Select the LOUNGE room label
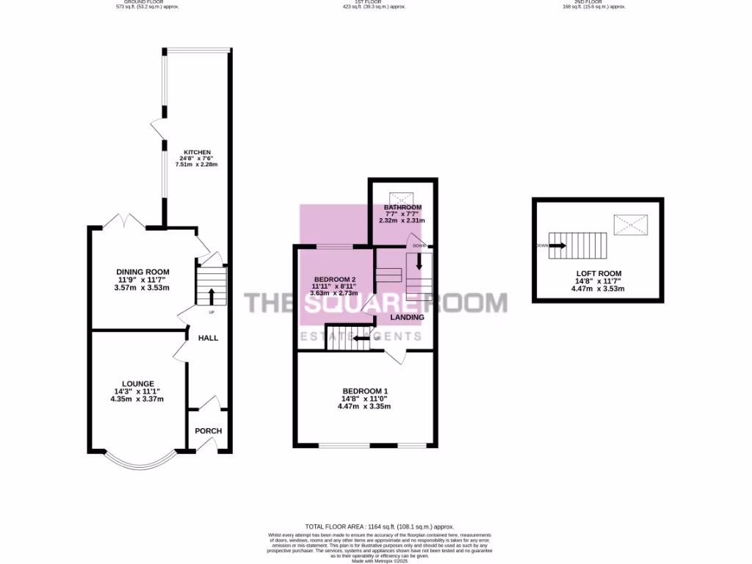[138, 383]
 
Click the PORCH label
[209, 431]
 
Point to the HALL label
[209, 338]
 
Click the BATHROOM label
[402, 208]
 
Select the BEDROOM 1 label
[364, 391]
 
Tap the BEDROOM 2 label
[335, 280]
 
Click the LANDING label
[407, 317]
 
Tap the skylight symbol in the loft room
[631, 223]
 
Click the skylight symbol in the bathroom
[402, 196]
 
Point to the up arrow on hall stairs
[212, 296]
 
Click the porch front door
[209, 446]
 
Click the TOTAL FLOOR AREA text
[380, 527]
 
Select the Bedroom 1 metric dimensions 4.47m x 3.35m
[364, 406]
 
